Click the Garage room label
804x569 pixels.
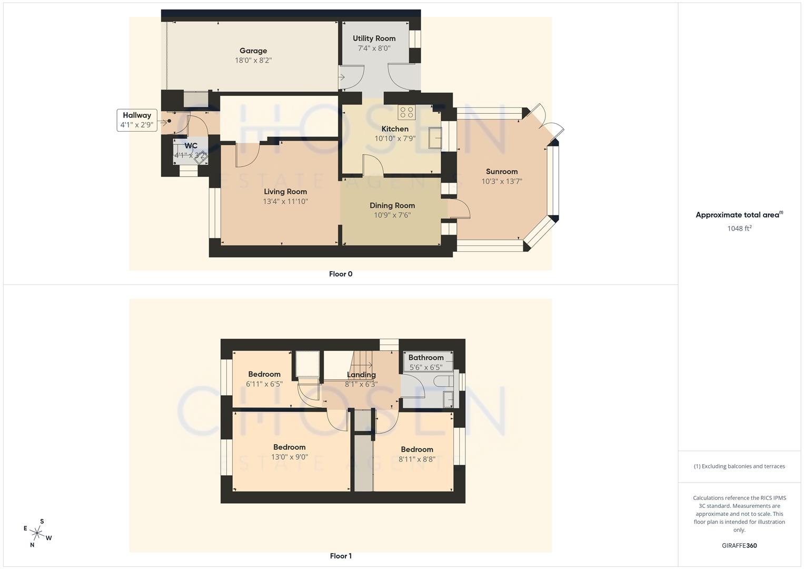pyautogui.click(x=253, y=51)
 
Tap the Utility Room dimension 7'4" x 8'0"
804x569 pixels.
pyautogui.click(x=374, y=48)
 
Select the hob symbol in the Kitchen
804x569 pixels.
pyautogui.click(x=406, y=112)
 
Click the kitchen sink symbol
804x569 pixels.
pyautogui.click(x=435, y=138)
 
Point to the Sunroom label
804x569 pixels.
pyautogui.click(x=501, y=171)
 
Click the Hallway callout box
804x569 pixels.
pyautogui.click(x=137, y=120)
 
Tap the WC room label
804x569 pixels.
pyautogui.click(x=191, y=146)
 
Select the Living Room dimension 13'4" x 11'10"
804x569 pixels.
pyautogui.click(x=285, y=201)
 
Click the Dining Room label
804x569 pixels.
pyautogui.click(x=392, y=205)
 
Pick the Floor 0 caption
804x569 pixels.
pyautogui.click(x=340, y=274)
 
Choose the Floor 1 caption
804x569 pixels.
pyautogui.click(x=340, y=556)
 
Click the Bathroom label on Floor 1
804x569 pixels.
pyautogui.click(x=426, y=357)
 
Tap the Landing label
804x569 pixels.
pyautogui.click(x=361, y=375)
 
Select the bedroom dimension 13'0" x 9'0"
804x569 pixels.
pyautogui.click(x=290, y=457)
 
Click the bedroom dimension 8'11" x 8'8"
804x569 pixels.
pyautogui.click(x=416, y=459)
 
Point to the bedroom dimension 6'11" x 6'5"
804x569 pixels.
pyautogui.click(x=264, y=384)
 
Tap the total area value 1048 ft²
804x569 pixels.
pyautogui.click(x=739, y=228)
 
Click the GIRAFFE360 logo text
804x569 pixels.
pyautogui.click(x=739, y=545)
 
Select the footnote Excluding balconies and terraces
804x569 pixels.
pyautogui.click(x=739, y=466)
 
